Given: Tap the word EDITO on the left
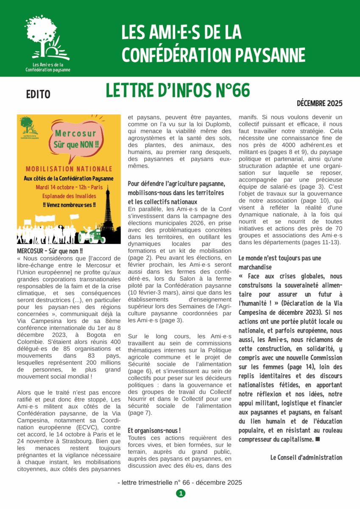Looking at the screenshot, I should [38, 94].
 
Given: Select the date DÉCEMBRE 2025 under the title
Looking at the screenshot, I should [319, 103].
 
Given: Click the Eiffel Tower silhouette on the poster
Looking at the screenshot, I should [109, 212].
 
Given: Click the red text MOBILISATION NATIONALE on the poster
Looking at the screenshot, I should [69, 169].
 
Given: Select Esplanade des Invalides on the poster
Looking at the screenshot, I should [69, 196].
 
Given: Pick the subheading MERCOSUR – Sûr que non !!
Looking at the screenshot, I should [50, 251].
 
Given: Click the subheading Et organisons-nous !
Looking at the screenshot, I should [154, 430].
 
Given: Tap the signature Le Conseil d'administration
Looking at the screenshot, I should [306, 457].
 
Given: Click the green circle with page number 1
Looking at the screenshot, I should [180, 493].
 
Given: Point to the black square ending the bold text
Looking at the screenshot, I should [318, 439].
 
